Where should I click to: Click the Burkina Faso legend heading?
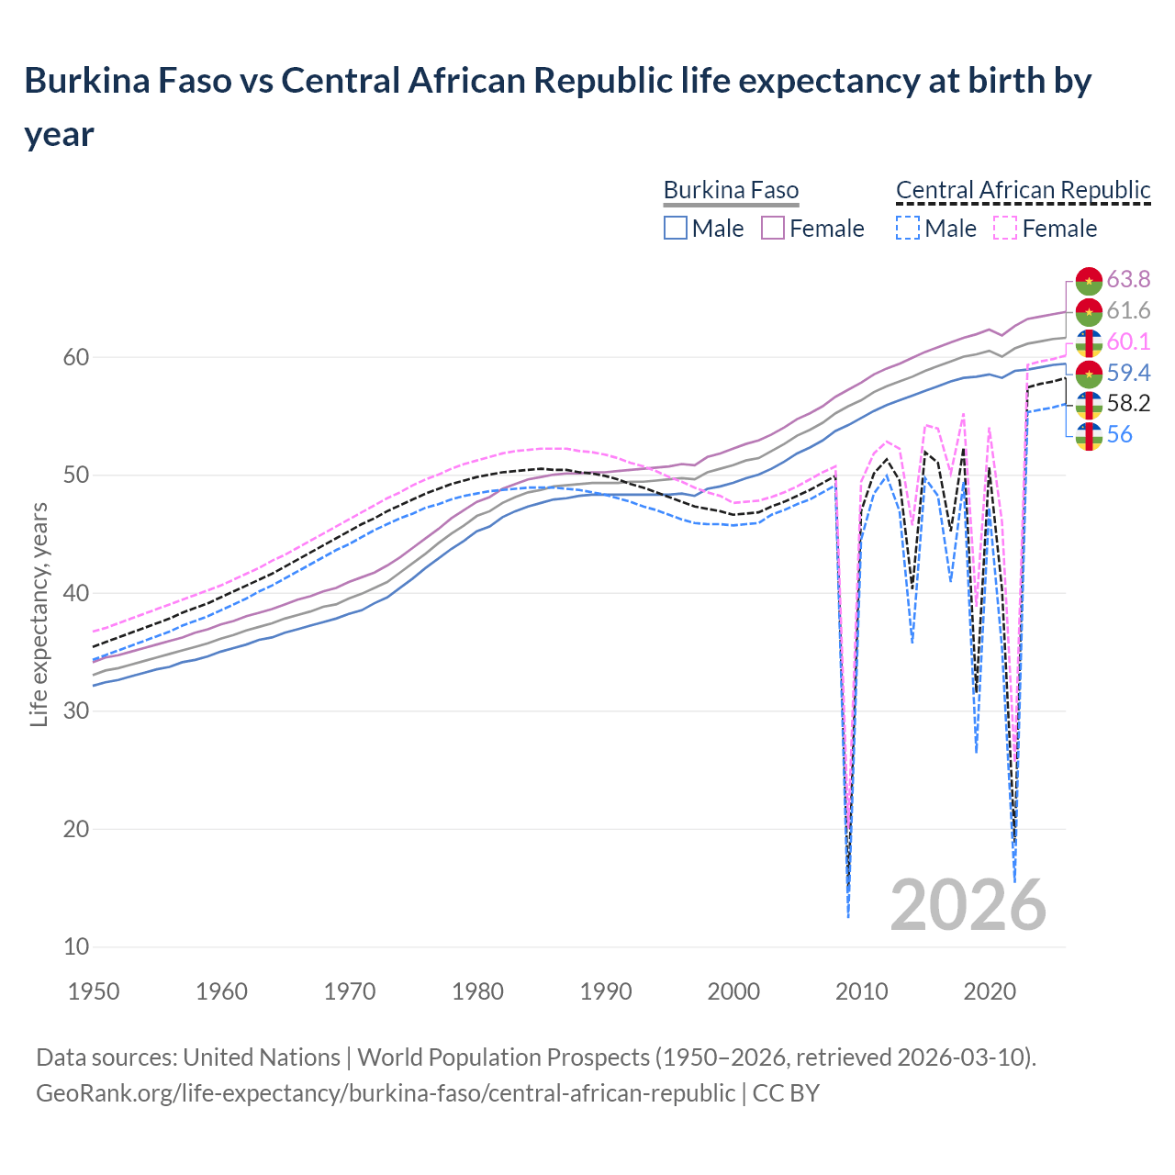[731, 190]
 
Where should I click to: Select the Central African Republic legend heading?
[1023, 190]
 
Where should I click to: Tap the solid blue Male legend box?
[676, 228]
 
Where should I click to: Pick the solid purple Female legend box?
[773, 228]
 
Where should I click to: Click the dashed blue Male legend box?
[907, 228]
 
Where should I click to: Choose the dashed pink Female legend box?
[1005, 228]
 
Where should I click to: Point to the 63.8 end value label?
[1128, 279]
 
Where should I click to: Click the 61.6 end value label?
[1128, 310]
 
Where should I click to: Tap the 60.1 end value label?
[1128, 341]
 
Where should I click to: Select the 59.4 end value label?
[1128, 373]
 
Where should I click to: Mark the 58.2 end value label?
[1128, 403]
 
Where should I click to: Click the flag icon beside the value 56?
[1089, 435]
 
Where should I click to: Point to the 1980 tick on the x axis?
[477, 991]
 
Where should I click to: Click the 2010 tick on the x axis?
[861, 991]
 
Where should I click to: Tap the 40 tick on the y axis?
[75, 593]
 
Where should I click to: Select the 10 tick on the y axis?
[75, 946]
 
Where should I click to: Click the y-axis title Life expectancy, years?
[39, 614]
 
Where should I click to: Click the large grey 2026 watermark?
[968, 905]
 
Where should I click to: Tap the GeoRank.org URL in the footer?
[386, 1093]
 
